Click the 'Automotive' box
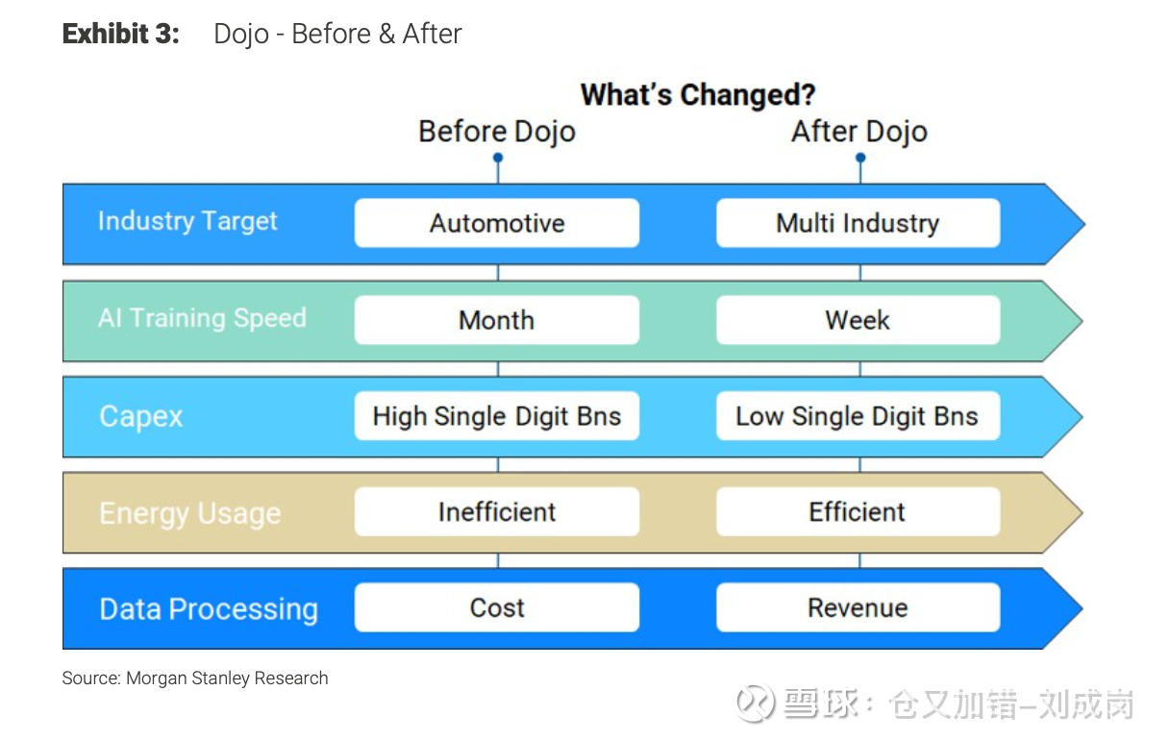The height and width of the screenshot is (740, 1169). (497, 223)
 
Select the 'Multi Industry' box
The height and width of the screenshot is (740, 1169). (858, 223)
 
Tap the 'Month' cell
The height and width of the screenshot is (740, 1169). (497, 320)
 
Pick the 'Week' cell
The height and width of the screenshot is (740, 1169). (858, 320)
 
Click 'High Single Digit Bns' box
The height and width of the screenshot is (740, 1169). (497, 416)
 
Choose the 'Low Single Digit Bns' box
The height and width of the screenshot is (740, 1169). (858, 416)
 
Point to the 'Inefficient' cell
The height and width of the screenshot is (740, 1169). (497, 511)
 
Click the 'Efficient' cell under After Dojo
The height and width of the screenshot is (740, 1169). (858, 511)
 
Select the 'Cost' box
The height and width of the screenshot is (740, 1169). (497, 607)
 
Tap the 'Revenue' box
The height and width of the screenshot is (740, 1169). (858, 607)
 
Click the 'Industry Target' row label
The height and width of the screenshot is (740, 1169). (187, 221)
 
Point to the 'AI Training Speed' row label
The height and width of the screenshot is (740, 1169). (202, 318)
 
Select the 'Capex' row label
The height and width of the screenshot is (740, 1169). (141, 417)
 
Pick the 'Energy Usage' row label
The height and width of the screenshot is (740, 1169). (190, 513)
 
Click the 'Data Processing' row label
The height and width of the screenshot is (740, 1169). (209, 609)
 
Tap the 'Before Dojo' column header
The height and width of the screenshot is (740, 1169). (497, 131)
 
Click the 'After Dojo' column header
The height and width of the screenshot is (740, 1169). (859, 131)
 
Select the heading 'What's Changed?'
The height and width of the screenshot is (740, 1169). (698, 94)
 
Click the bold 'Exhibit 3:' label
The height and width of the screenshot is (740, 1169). (121, 34)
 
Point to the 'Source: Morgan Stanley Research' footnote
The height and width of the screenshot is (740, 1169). (195, 678)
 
